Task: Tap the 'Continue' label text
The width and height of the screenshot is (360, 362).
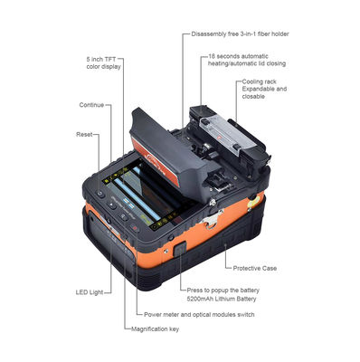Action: pos(91,104)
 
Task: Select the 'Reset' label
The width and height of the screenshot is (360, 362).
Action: pos(82,134)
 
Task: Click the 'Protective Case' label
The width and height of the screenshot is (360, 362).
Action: pos(254,269)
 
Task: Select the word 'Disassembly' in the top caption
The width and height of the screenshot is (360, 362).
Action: pos(209,33)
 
